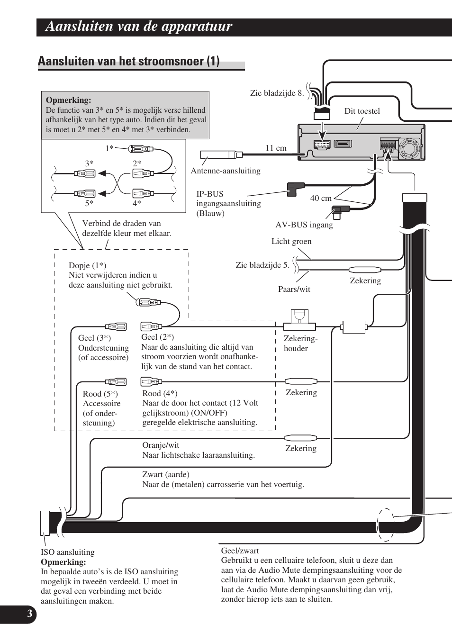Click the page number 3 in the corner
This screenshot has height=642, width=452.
click(x=29, y=614)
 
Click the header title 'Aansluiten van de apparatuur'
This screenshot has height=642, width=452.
click(x=139, y=27)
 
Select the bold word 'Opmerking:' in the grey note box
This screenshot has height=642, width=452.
click(x=68, y=100)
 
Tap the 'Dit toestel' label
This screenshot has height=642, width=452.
click(x=362, y=111)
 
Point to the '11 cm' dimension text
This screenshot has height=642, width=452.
click(x=276, y=148)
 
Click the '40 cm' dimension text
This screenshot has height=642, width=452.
click(x=321, y=198)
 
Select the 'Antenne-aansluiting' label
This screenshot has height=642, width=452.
click(x=226, y=171)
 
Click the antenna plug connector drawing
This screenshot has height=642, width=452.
click(x=220, y=154)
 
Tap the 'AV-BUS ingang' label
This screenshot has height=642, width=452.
click(x=304, y=225)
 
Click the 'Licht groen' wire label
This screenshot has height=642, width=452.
click(x=291, y=241)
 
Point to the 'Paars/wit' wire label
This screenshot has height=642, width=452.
click(x=294, y=289)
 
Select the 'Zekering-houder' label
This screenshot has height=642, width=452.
click(x=300, y=343)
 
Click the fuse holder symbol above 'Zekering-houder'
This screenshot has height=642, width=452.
click(x=299, y=320)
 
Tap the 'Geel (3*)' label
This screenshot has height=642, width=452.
click(x=94, y=338)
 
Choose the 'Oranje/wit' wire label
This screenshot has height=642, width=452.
click(x=161, y=445)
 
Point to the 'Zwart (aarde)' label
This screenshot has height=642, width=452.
click(x=165, y=474)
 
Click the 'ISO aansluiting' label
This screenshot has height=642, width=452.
click(x=67, y=552)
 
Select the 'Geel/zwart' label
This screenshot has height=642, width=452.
click(x=240, y=551)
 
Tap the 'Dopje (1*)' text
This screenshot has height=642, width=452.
click(x=87, y=265)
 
